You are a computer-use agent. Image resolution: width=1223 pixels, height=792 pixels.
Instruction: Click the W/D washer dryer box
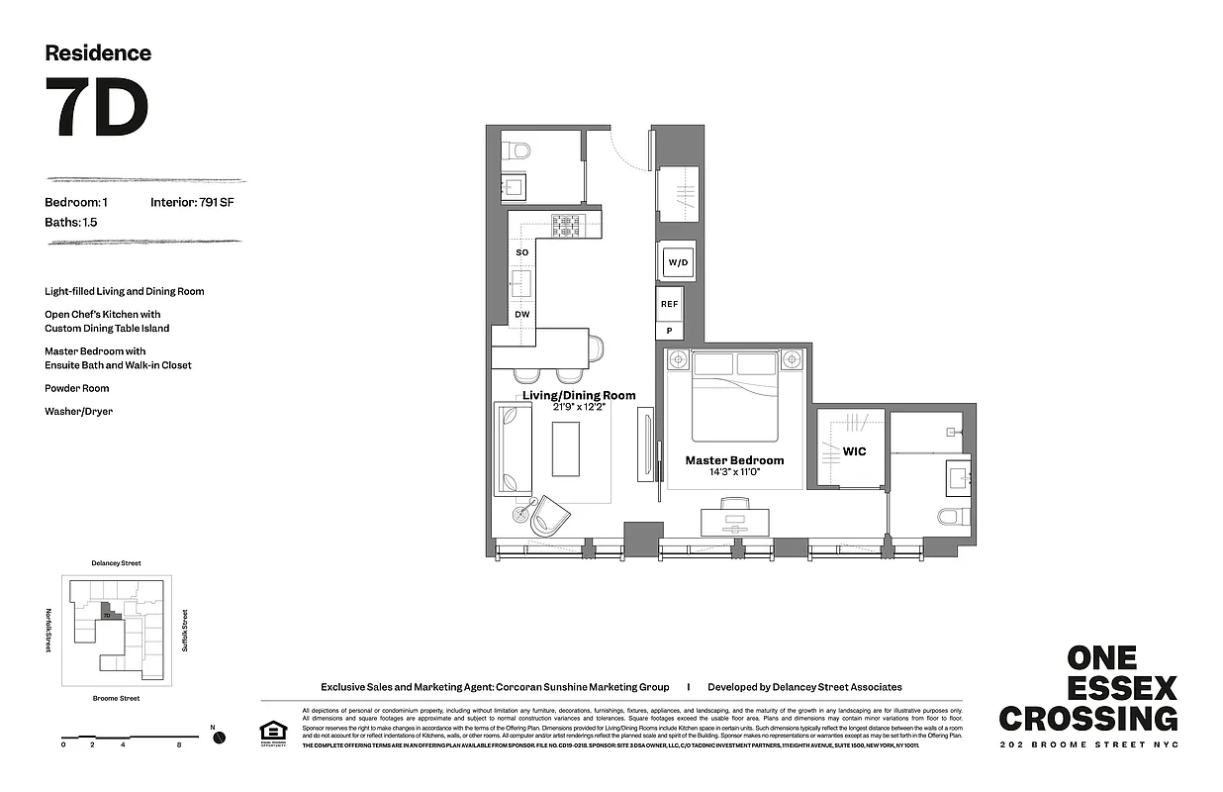[x=678, y=262]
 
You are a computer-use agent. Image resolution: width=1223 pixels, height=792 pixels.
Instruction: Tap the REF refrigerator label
[x=670, y=304]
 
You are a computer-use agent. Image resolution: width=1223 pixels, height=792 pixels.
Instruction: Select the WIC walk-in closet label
[x=854, y=451]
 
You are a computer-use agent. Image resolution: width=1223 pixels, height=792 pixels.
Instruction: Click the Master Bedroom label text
[x=734, y=460]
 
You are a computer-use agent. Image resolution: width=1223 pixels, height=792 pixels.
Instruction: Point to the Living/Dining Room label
[x=579, y=395]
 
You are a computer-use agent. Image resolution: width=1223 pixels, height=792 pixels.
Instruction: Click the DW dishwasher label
[x=521, y=315]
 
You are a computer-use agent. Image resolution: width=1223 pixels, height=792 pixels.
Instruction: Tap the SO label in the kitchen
[x=521, y=252]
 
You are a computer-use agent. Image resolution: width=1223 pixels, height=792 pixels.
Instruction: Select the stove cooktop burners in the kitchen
[x=566, y=226]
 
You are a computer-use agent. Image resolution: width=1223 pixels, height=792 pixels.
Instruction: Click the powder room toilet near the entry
[x=517, y=150]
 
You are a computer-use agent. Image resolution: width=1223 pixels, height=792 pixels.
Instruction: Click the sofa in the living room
[x=514, y=449]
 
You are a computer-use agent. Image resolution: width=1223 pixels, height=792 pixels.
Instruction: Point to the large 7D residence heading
[x=97, y=108]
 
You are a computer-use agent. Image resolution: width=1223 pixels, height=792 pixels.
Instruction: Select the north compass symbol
[x=219, y=737]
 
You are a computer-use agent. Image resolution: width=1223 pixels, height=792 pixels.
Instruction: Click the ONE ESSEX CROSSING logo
[x=1088, y=689]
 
